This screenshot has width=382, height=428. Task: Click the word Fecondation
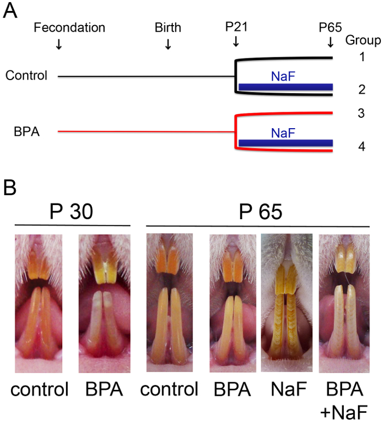point(69,28)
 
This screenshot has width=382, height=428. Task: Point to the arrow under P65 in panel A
point(330,43)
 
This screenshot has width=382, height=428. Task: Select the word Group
point(362,40)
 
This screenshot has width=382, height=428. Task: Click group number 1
point(362,56)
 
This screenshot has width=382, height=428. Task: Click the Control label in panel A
point(27,76)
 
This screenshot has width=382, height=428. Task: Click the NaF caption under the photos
point(286,390)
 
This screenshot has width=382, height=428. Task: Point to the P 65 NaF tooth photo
point(287,303)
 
